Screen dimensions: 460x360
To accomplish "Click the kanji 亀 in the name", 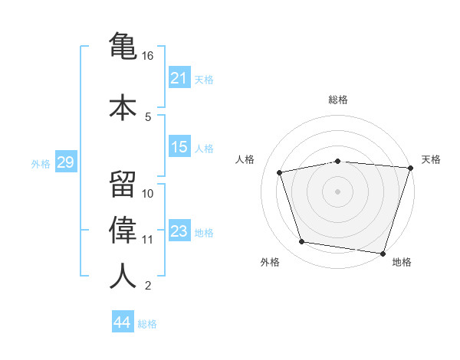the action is tap(123, 46).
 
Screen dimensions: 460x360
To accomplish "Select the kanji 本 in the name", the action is tap(123, 107).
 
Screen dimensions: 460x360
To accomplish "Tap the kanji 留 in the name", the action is tap(123, 185).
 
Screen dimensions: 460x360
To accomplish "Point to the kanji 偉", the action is tap(123, 230).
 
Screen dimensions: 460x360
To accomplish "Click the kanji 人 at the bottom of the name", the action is tap(123, 275).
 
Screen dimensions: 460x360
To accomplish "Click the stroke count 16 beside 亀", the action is tap(147, 56).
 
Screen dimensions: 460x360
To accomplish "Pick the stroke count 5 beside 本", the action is tap(148, 117).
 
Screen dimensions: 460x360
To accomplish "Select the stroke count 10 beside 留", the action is tap(147, 194).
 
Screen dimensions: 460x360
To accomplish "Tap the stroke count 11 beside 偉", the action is tap(147, 240).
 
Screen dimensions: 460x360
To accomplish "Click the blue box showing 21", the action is tap(179, 77).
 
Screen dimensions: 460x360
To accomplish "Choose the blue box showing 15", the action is tap(179, 146).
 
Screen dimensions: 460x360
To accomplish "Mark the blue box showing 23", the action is tap(179, 230).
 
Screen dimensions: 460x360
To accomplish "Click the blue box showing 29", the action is tap(66, 161).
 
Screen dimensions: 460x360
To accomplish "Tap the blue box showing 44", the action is tap(123, 321).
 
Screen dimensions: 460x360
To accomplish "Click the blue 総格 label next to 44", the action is tap(147, 324).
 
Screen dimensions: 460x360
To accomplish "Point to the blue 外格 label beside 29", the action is tap(41, 164).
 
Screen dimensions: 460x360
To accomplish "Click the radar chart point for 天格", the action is tap(411, 168).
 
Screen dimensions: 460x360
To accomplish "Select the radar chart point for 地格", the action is tap(383, 254).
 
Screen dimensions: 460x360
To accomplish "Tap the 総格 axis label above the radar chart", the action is tap(338, 100).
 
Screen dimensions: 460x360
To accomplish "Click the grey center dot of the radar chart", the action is tap(337, 191).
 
